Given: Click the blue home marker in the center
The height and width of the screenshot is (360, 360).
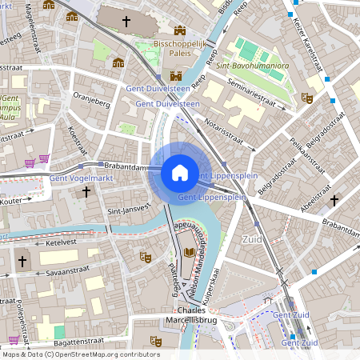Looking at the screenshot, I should tap(179, 173).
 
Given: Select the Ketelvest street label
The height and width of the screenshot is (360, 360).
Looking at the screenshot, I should tap(61, 241).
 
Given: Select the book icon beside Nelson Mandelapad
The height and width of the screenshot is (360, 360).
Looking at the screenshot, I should tap(190, 253).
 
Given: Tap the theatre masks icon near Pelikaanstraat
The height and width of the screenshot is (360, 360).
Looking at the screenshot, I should tap(306, 98).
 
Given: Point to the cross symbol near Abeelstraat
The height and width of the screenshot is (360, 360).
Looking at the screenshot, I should tap(334, 199).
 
